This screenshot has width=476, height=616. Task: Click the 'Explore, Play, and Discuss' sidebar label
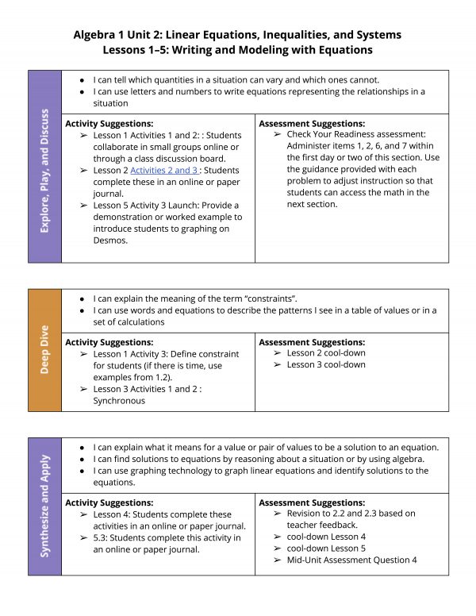pyautogui.click(x=44, y=166)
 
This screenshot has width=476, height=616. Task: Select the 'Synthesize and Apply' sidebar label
pyautogui.click(x=44, y=506)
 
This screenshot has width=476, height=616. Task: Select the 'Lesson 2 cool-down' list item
pyautogui.click(x=326, y=352)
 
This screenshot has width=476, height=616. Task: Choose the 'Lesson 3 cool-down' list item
pyautogui.click(x=326, y=364)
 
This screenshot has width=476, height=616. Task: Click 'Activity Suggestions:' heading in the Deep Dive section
pyautogui.click(x=109, y=341)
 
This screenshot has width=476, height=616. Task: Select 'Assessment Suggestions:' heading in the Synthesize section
pyautogui.click(x=312, y=502)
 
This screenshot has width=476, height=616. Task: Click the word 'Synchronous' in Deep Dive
pyautogui.click(x=119, y=401)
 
